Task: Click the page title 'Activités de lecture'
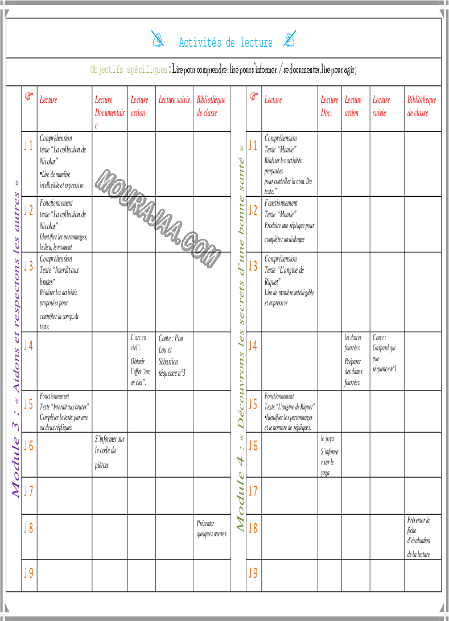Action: tap(225, 43)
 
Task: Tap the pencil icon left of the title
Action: tap(158, 39)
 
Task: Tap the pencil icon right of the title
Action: tap(290, 39)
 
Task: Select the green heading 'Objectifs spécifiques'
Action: tap(129, 70)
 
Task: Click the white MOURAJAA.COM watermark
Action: tap(158, 218)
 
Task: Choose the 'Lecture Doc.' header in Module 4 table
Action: tap(329, 106)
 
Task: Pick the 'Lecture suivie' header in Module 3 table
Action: tap(174, 100)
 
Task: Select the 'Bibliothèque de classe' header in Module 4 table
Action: tap(421, 106)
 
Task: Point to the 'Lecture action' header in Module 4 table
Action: tap(353, 106)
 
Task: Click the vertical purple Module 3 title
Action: tap(17, 339)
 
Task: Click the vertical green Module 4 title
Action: tap(241, 339)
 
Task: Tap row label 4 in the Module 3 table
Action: tap(28, 345)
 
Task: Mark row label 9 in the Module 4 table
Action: tap(253, 573)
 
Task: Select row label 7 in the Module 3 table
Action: tap(28, 491)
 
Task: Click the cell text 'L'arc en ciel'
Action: tap(138, 342)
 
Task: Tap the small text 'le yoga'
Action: tap(327, 438)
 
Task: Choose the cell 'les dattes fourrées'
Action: tap(353, 342)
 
